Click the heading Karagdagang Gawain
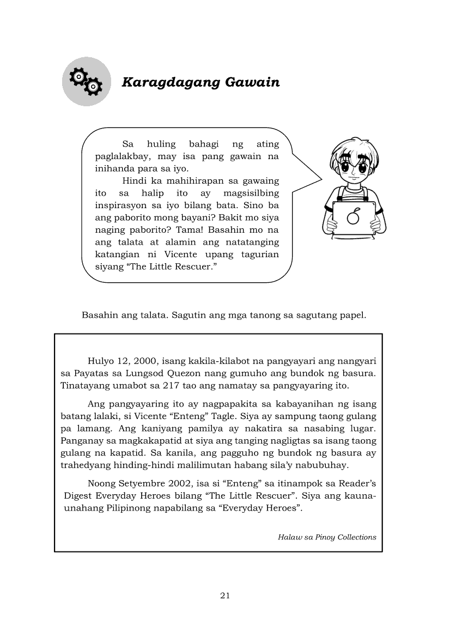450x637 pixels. tap(200, 82)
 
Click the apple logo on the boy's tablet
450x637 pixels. tap(353, 217)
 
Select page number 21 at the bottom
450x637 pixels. tap(225, 595)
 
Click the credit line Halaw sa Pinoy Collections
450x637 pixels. tap(327, 537)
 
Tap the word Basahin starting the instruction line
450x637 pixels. tap(99, 316)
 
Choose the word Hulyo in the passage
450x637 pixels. tap(100, 361)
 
